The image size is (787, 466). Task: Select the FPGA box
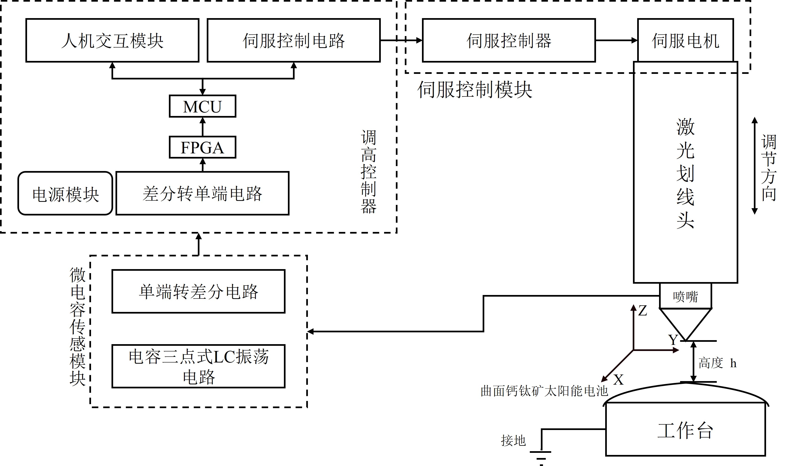(203, 147)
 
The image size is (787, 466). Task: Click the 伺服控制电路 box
(294, 40)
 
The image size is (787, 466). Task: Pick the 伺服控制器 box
(509, 40)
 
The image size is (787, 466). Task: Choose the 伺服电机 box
(685, 40)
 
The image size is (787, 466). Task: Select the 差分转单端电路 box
(202, 193)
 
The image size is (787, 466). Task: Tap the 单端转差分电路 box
(199, 291)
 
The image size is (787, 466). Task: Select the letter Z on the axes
(642, 311)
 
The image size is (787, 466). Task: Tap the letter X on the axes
(618, 380)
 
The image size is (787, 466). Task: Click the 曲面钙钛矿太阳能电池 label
(544, 391)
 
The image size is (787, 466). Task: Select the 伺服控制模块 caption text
(474, 90)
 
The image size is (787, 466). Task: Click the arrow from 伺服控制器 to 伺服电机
(616, 40)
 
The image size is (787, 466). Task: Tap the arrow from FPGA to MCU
(203, 127)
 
